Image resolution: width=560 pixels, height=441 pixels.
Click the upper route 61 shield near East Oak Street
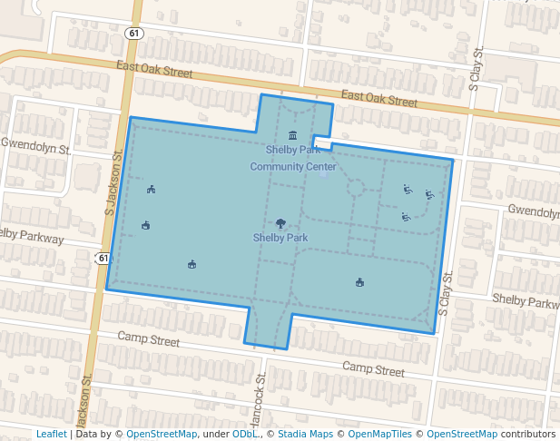pos(134,34)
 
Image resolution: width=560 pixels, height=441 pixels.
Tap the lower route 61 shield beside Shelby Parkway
pos(103,259)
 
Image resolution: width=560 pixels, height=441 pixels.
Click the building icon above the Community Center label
pos(292,135)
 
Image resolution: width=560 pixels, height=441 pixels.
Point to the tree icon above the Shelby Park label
pos(280,223)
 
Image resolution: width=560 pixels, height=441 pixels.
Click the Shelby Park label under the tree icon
pos(280,238)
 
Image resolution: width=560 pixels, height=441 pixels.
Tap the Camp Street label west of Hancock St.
pos(149,340)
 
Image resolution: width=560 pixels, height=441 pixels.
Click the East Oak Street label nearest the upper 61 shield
pos(155,68)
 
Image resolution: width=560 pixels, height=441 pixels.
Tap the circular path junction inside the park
pos(356,188)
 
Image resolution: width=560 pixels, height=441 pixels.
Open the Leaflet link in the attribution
pos(52,434)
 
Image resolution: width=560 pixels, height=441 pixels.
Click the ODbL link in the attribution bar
pos(244,434)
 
